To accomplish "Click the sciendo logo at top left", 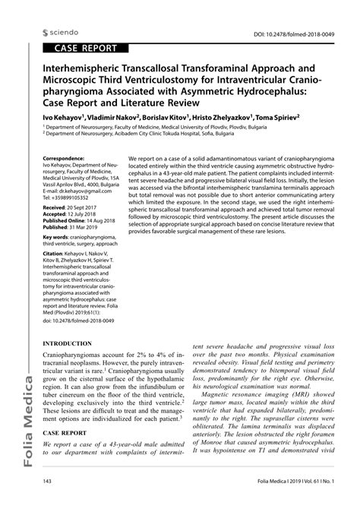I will (x=62, y=33).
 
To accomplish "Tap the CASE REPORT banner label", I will (x=85, y=48).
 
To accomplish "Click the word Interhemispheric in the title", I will (x=86, y=66).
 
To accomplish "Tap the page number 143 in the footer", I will (x=47, y=501).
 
